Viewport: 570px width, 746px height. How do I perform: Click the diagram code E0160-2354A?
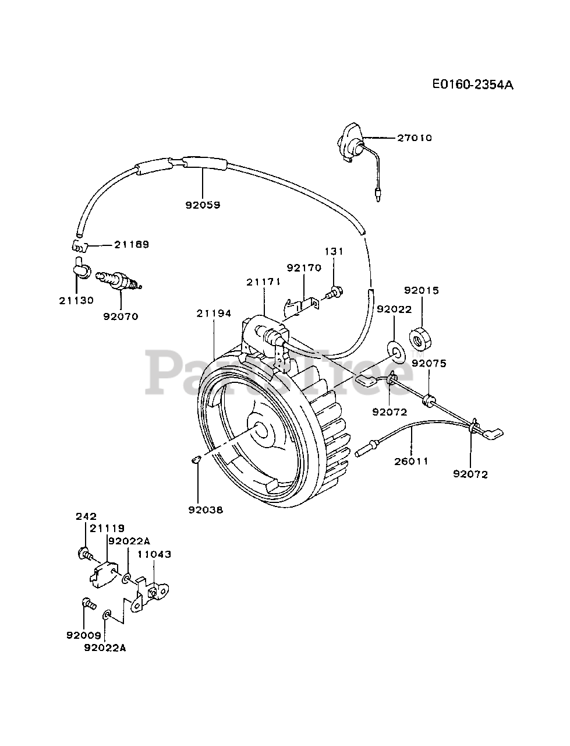point(472,84)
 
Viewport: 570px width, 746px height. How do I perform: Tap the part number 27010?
point(415,138)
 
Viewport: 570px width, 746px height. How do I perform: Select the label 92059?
point(203,205)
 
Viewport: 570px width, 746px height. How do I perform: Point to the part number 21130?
point(76,300)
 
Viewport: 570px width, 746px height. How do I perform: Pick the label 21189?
point(131,244)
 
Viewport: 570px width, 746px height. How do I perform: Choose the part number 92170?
point(303,268)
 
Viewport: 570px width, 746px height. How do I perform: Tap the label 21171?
point(263,281)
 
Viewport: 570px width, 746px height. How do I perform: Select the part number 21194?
point(213,313)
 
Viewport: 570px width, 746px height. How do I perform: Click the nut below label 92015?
point(420,337)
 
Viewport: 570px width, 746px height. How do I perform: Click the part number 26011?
point(411,461)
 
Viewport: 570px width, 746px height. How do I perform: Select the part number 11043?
point(154,554)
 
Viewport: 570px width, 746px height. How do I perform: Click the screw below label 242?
point(85,553)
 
